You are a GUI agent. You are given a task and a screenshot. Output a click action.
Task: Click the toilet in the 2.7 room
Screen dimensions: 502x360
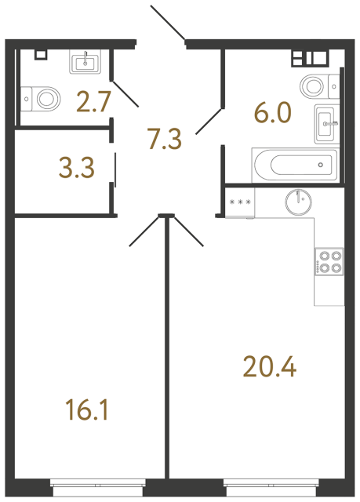click(45, 98)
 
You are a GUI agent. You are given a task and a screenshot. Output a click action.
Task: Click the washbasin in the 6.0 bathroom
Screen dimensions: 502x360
click(327, 122)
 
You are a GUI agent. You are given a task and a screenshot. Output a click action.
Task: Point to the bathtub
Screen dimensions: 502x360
click(293, 165)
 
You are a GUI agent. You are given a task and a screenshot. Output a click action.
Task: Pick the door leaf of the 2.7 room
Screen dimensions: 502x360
click(125, 93)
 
